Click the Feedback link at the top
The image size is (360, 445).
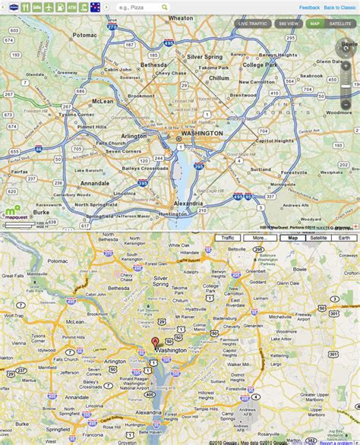[x=309, y=7]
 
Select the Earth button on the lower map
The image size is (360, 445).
[x=345, y=238]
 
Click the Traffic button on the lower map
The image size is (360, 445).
[x=228, y=238]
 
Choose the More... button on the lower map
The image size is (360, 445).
[x=259, y=238]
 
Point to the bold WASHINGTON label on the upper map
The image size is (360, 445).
[x=200, y=133]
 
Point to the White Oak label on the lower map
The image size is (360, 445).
[x=178, y=245]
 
